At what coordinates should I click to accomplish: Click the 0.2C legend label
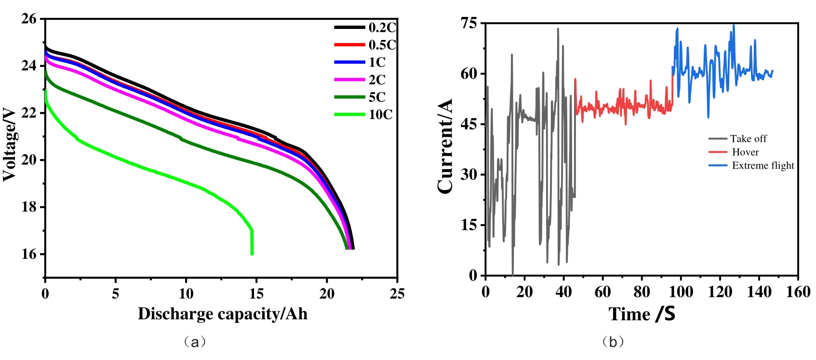(382, 27)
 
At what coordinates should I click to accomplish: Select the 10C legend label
(381, 114)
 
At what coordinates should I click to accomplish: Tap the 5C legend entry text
(377, 97)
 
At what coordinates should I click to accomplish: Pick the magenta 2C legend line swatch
(349, 80)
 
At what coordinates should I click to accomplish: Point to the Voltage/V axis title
(10, 144)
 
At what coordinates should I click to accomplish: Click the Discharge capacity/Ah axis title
(222, 314)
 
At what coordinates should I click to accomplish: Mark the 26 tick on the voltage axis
(29, 19)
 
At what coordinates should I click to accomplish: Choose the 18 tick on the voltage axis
(29, 207)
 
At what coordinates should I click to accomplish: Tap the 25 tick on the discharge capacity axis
(397, 293)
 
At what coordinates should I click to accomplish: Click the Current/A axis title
(445, 146)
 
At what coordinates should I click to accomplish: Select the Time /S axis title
(642, 314)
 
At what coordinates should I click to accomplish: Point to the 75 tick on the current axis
(468, 23)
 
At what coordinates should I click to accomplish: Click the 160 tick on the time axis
(798, 292)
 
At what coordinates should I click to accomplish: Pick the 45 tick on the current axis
(468, 124)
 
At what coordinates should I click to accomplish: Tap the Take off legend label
(748, 139)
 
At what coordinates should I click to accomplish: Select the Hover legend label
(745, 152)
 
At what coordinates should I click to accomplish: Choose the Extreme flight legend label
(763, 166)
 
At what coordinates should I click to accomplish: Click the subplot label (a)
(195, 342)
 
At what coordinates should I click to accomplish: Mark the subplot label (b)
(613, 342)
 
